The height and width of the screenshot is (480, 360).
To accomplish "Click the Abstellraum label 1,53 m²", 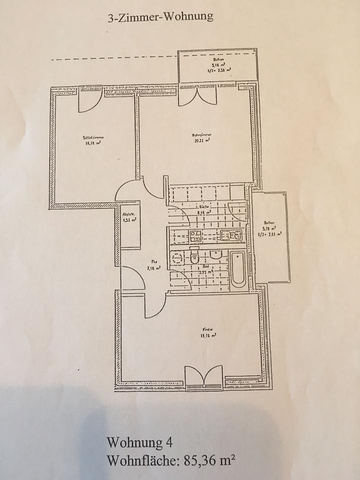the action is (129, 217).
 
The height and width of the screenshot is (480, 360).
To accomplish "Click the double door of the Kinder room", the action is (203, 376).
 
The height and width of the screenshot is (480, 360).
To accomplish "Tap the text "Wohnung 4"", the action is (139, 443).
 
